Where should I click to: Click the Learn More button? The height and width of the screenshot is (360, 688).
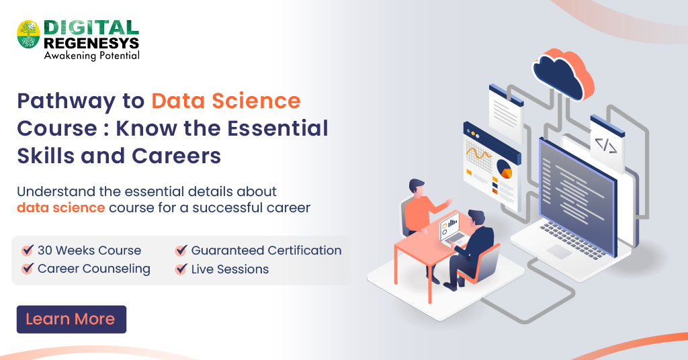point(71,319)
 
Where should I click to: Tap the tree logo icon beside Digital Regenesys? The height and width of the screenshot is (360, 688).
point(28,34)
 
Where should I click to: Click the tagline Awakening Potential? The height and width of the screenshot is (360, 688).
point(91,56)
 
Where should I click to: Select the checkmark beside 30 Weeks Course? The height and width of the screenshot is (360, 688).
point(28,250)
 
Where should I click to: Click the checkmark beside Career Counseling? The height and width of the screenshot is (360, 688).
point(28,269)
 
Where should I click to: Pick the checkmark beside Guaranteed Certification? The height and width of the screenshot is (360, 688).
point(181,250)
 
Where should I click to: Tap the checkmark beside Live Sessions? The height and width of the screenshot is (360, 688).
point(181,269)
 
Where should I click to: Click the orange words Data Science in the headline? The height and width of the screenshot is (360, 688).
point(226,101)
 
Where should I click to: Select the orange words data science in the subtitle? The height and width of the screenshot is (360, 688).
point(60,208)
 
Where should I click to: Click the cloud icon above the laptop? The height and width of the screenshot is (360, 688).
point(563,71)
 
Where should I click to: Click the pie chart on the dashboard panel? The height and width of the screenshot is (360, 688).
point(503,168)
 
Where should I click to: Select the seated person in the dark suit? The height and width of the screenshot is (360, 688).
point(474,245)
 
